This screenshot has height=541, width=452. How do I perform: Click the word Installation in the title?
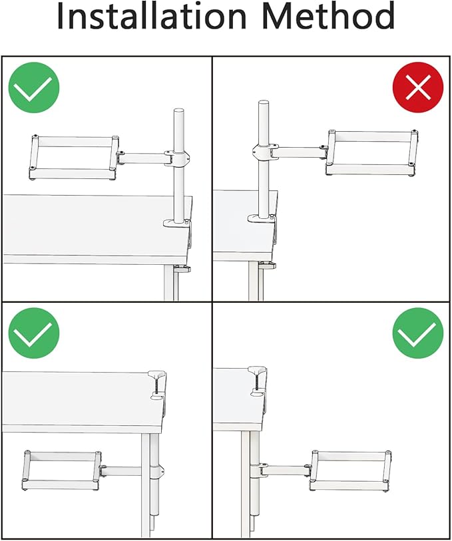[x=152, y=15]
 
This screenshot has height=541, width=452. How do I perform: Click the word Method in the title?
[x=328, y=15]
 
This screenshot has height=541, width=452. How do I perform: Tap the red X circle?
[x=418, y=87]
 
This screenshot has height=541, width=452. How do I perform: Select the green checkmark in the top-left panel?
[x=34, y=87]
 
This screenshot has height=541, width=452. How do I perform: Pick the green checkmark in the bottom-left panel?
[x=34, y=333]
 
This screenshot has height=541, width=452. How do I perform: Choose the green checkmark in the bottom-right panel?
[x=418, y=333]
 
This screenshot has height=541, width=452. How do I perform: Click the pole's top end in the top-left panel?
[x=178, y=110]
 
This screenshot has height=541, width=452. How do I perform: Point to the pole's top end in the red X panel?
[x=264, y=102]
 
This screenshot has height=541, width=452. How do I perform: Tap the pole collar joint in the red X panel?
[x=265, y=152]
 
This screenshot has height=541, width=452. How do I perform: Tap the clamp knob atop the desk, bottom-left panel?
[x=156, y=374]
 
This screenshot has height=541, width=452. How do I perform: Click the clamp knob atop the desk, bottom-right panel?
[x=257, y=370]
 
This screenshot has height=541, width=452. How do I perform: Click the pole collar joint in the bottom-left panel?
[x=157, y=472]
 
